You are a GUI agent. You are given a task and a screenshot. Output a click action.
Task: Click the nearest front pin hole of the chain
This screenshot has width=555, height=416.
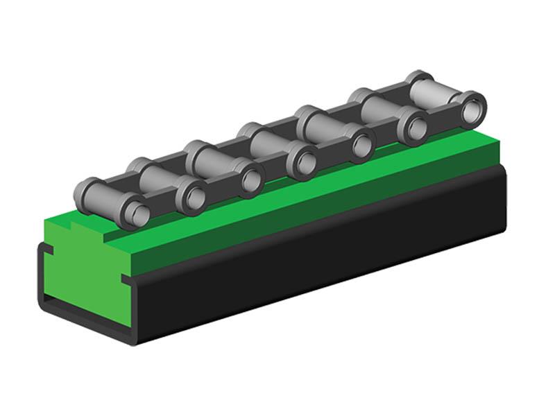[136, 212]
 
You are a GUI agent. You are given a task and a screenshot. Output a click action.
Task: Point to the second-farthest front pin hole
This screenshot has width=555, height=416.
[416, 127]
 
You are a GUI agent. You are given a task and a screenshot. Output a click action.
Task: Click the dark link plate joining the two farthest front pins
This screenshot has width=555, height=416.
[444, 118]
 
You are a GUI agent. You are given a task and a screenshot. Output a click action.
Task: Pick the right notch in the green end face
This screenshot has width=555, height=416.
[127, 279]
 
